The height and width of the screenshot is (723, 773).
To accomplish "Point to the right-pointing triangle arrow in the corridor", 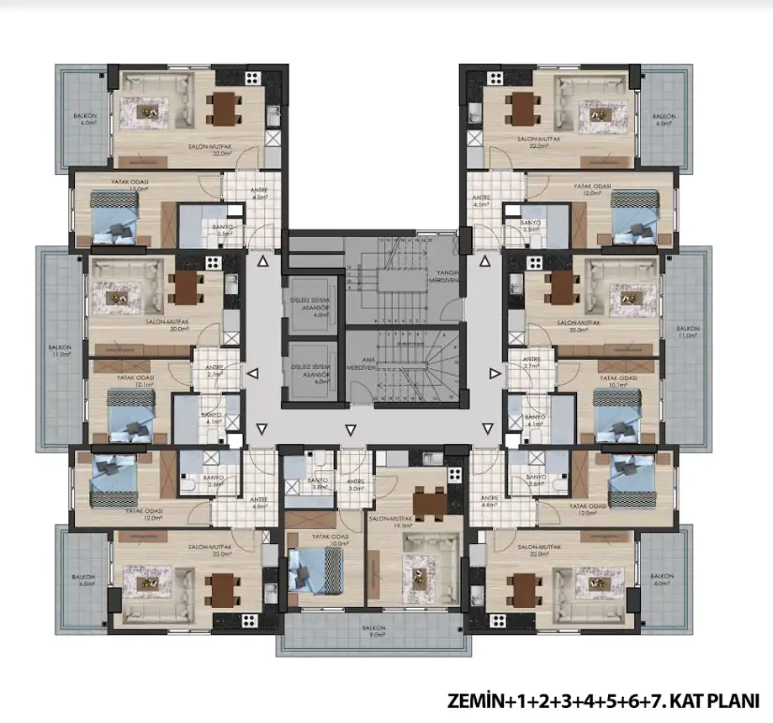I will click(496, 374).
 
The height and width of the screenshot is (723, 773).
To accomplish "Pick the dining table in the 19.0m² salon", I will click(429, 504).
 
